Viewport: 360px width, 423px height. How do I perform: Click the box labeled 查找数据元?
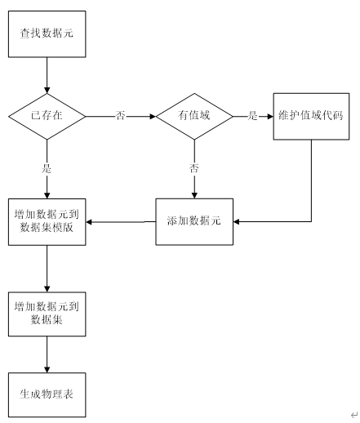[x=47, y=34]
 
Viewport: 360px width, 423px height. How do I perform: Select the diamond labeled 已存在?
[x=47, y=117]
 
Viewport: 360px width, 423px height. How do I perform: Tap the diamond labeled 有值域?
[x=194, y=117]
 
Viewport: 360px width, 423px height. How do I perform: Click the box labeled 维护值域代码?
[x=311, y=117]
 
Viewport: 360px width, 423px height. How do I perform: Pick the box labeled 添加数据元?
[x=194, y=222]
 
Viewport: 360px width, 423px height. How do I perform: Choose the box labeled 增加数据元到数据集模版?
[x=47, y=222]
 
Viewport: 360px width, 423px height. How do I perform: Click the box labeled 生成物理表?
[x=47, y=394]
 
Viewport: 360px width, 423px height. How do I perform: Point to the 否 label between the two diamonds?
[x=121, y=116]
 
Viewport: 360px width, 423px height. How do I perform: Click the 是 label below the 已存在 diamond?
[x=47, y=168]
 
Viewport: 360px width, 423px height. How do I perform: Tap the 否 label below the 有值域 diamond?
[x=194, y=168]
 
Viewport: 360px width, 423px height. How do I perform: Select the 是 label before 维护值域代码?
[x=252, y=116]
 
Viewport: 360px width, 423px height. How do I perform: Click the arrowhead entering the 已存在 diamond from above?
[x=47, y=91]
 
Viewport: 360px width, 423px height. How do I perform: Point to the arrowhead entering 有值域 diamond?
[x=153, y=117]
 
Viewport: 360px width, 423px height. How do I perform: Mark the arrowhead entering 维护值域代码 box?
[x=270, y=117]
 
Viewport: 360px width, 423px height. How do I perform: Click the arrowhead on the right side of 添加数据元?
[x=236, y=222]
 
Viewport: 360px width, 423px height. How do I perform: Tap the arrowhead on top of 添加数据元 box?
[x=194, y=195]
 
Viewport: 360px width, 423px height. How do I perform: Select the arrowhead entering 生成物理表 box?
[x=47, y=370]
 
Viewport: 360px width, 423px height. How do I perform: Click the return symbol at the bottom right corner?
[x=354, y=415]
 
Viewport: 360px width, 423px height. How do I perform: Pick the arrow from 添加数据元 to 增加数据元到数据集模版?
[x=121, y=222]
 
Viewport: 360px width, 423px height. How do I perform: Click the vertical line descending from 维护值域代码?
[x=311, y=180]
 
